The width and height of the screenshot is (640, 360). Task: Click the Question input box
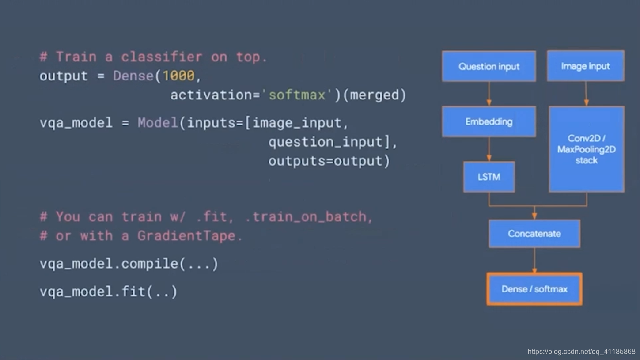[x=489, y=66]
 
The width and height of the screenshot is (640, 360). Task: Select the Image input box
[x=585, y=66]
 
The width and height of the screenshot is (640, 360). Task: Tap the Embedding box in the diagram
[x=489, y=121]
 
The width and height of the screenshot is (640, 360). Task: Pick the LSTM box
[x=489, y=177]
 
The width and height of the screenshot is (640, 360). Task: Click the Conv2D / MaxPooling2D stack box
[x=586, y=149]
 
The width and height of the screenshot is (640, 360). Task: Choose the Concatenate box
[x=534, y=234]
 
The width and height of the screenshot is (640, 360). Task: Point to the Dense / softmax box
[x=534, y=289]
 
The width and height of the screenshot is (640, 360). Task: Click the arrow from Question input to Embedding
[x=489, y=94]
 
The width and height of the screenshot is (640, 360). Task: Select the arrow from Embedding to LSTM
[x=489, y=149]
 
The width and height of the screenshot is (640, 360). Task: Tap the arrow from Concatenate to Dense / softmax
[x=534, y=260]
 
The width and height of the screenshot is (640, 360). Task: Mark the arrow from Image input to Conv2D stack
[x=586, y=94]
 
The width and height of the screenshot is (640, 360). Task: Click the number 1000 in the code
[x=178, y=76]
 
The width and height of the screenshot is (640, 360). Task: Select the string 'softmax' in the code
[x=297, y=95]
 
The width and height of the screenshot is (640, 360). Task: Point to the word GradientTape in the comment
[x=186, y=235]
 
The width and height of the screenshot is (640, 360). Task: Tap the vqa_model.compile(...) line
[x=129, y=264]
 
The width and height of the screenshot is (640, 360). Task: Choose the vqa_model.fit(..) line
[x=108, y=292]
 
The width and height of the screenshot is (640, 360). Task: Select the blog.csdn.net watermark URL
[x=581, y=352]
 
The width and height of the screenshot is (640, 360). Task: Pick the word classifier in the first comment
[x=162, y=57]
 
